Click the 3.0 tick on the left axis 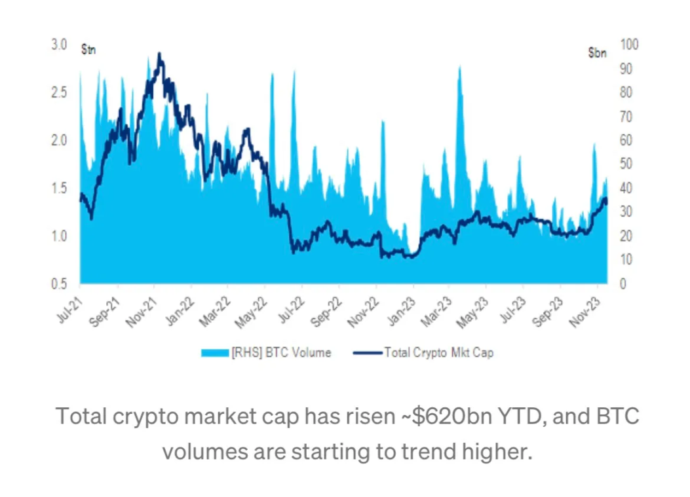(x=59, y=45)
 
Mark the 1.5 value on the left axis (x=59, y=189)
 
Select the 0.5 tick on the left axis (x=59, y=284)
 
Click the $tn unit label (x=88, y=50)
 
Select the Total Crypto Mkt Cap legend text (x=438, y=353)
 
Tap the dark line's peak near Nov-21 (x=160, y=55)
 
